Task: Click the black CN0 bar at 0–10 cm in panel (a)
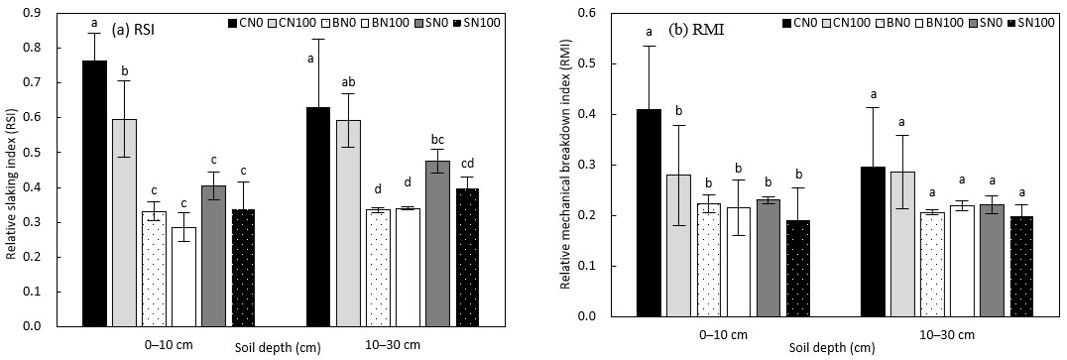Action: (94, 193)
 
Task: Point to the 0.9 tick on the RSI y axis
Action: (43, 13)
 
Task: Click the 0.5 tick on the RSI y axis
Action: (43, 153)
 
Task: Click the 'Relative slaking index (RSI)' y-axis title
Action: (13, 171)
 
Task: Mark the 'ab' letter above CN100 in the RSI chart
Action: (348, 80)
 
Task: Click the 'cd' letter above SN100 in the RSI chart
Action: (408, 165)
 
